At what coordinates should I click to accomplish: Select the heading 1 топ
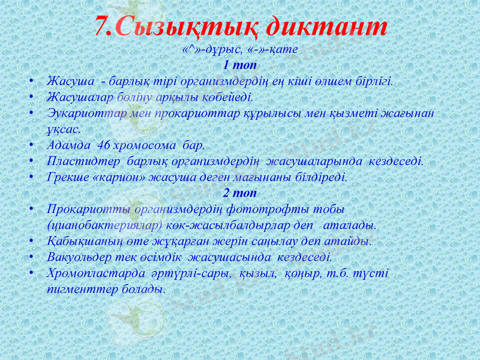tap(239, 64)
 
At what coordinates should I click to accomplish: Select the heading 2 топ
tap(239, 193)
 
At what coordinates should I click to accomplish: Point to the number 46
tap(104, 145)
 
